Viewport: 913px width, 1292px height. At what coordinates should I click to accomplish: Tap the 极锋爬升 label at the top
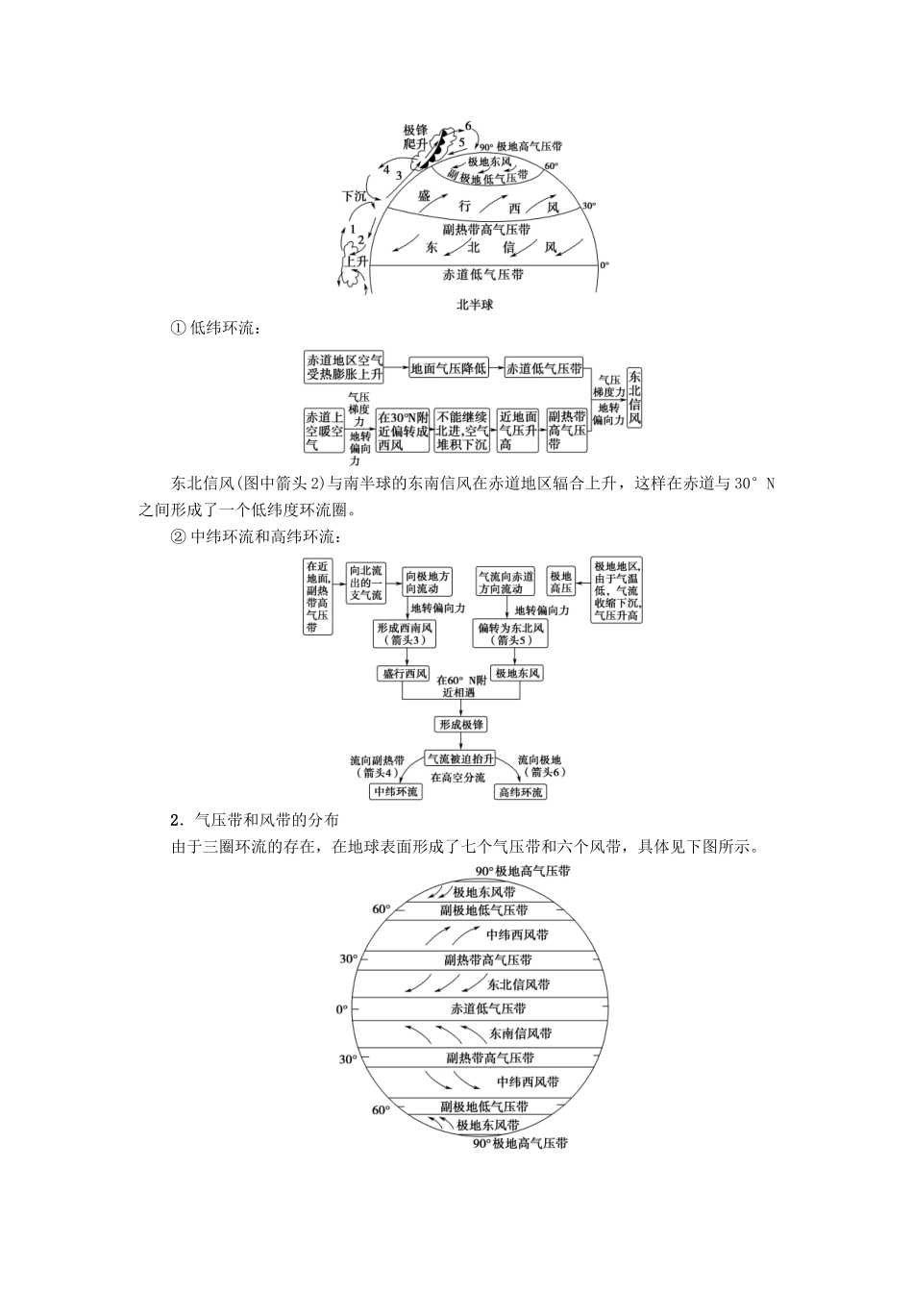click(415, 136)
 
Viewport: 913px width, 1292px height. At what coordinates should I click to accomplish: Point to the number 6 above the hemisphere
click(468, 126)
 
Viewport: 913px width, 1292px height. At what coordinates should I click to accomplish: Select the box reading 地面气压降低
click(449, 367)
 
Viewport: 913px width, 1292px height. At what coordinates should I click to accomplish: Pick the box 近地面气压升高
click(518, 430)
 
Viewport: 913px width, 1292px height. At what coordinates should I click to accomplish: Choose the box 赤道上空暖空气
click(324, 430)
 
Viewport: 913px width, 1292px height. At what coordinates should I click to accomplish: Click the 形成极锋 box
click(461, 724)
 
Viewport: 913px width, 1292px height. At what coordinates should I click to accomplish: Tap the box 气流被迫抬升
click(460, 758)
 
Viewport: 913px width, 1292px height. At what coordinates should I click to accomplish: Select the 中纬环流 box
click(396, 791)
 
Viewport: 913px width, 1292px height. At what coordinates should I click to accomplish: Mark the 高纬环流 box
click(520, 791)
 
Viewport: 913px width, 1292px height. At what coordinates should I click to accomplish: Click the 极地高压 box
click(560, 582)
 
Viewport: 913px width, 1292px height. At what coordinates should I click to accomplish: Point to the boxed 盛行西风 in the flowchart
click(404, 673)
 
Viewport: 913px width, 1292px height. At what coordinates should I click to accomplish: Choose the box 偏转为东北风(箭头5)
click(509, 633)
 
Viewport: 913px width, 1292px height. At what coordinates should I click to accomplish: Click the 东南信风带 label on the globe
click(519, 1033)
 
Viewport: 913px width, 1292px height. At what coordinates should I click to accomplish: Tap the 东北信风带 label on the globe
click(518, 984)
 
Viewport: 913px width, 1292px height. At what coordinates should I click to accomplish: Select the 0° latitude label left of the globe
click(341, 1009)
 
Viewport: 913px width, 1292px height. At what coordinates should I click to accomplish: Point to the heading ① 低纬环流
click(215, 329)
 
